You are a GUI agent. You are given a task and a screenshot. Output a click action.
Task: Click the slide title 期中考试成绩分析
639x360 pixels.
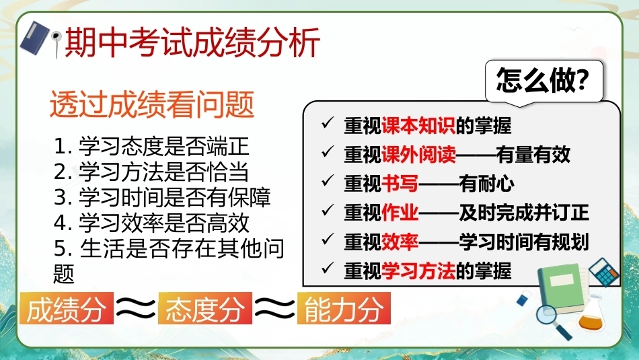pos(192,42)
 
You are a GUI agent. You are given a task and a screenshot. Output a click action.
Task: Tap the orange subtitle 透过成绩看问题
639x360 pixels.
pos(152,104)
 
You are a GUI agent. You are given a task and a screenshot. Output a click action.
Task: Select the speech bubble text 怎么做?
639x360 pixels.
pos(543,80)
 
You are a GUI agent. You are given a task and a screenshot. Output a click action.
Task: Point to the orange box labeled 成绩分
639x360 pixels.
pos(67,309)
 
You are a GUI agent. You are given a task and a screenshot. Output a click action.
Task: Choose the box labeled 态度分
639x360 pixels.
pos(205,309)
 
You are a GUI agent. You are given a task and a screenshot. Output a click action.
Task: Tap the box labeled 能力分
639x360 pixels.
pos(344,309)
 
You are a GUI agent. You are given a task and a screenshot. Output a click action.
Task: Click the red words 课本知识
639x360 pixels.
pos(418,126)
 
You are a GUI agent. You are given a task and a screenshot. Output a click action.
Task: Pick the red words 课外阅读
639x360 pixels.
pos(418,155)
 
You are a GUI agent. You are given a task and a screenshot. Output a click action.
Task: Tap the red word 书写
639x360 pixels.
pos(400,184)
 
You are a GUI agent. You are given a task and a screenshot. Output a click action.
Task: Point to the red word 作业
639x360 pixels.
pos(400,213)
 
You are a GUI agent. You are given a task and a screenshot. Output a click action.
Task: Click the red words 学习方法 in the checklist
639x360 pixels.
pos(418,271)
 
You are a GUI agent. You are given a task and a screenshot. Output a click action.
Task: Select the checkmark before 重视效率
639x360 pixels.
pos(328,239)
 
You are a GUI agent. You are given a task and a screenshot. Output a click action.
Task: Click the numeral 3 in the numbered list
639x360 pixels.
pos(61,198)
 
